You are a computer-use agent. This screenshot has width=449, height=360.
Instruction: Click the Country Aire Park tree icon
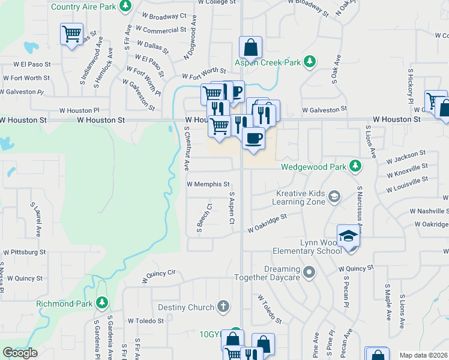pos(125,7)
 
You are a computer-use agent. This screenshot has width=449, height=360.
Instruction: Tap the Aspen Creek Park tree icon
pos(310,62)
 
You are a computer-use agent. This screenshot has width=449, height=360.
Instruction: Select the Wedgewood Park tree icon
pos(355,165)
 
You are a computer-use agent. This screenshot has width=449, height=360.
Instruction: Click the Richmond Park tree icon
pos(103,303)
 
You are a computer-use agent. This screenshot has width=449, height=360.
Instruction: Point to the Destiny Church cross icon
pos(223,307)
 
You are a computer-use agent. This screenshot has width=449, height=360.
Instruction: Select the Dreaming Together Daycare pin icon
pos(309,273)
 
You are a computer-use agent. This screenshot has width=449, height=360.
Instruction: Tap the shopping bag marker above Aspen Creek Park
pos(250,47)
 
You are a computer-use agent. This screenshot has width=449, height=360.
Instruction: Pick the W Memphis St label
pos(208,184)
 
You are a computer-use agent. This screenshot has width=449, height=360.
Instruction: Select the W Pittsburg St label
pos(25,253)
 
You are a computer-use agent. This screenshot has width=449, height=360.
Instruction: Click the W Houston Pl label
pos(79,110)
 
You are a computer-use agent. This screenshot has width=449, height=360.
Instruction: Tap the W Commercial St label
pos(160,30)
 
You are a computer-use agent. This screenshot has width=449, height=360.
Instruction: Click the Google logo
pos(20,353)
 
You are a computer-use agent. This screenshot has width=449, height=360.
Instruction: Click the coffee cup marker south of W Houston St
pos(253,138)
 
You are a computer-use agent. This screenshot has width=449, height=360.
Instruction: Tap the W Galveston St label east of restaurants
pos(325,110)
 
